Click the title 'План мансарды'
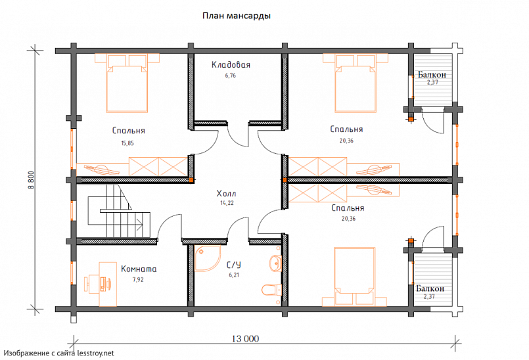point(236,16)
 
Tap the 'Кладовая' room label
point(231,64)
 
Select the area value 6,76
point(231,76)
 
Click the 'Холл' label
point(226,193)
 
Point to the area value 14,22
point(227,203)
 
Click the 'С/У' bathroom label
point(234,265)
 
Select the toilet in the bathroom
point(272,290)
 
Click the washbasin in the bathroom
point(275,263)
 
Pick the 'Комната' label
point(139,269)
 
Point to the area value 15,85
point(127,143)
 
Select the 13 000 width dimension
point(246,338)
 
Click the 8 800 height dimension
point(31,180)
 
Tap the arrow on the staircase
point(138,222)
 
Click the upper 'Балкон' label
point(432,75)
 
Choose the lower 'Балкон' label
point(430,289)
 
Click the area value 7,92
point(138,279)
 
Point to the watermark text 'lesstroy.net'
point(95,353)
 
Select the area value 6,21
point(234,275)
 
